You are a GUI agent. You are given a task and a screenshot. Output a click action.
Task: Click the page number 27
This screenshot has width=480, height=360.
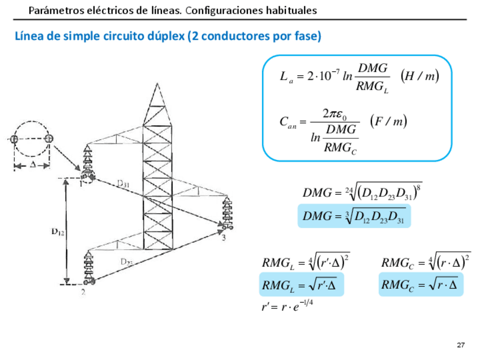tap(460, 345)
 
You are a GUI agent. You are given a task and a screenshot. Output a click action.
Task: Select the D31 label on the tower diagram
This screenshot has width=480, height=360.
tap(123, 183)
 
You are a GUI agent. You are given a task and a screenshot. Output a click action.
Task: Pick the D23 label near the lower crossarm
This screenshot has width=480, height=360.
tap(127, 262)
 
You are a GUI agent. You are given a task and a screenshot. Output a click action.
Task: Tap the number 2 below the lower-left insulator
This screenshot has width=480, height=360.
tap(83, 292)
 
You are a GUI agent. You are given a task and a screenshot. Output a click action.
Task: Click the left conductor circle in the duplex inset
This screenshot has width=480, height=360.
tap(14, 139)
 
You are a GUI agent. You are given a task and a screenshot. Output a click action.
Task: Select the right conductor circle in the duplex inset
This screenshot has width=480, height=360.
tap(49, 139)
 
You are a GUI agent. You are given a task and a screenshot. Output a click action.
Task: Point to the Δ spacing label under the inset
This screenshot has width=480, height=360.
tap(32, 165)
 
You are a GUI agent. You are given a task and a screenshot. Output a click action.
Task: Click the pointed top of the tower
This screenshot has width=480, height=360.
tap(157, 86)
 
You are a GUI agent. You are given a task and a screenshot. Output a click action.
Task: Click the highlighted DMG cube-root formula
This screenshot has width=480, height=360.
tap(354, 216)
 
